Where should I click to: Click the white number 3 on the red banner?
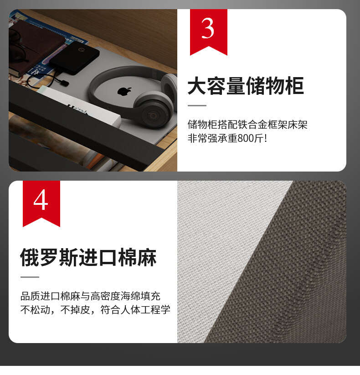(x=207, y=29)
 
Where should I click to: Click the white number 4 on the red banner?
(x=41, y=200)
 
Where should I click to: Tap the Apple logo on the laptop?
(x=124, y=91)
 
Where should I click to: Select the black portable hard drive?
(x=75, y=57)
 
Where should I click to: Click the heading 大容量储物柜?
(x=246, y=86)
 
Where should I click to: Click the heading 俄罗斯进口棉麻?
(x=88, y=257)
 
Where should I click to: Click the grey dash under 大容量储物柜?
(x=197, y=105)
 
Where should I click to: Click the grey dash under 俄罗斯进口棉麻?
(x=30, y=277)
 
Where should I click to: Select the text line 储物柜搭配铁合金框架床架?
(x=247, y=125)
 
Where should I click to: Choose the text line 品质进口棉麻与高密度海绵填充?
(x=90, y=296)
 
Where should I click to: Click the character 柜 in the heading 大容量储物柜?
(x=294, y=86)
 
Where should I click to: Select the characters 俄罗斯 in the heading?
(x=50, y=257)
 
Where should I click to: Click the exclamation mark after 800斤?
(x=265, y=138)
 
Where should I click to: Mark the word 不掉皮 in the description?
(x=75, y=310)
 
